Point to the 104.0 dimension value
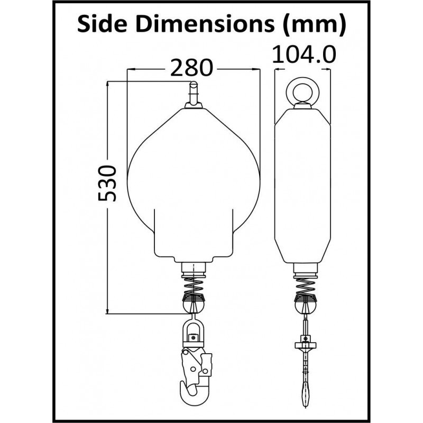point(305,54)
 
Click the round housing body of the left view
point(194,180)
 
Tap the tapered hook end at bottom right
point(305,394)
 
